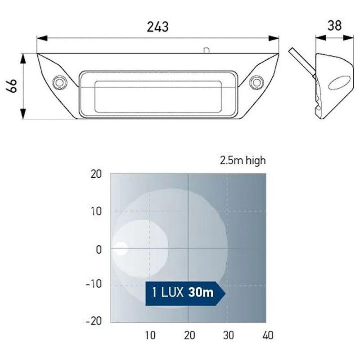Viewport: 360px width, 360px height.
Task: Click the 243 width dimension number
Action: pyautogui.click(x=158, y=27)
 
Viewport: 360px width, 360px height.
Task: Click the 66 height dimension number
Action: pyautogui.click(x=12, y=85)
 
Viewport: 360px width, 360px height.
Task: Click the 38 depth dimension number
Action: pyautogui.click(x=334, y=26)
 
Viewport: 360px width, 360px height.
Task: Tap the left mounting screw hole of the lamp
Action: pyautogui.click(x=60, y=82)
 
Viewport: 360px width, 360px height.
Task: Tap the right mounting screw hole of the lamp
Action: pyautogui.click(x=256, y=82)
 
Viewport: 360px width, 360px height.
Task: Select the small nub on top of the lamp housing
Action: pyautogui.click(x=207, y=50)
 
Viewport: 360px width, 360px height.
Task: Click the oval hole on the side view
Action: pyautogui.click(x=339, y=83)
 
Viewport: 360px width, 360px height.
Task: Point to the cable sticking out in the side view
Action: pyautogui.click(x=302, y=62)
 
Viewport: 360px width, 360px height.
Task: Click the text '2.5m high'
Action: pyautogui.click(x=243, y=161)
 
